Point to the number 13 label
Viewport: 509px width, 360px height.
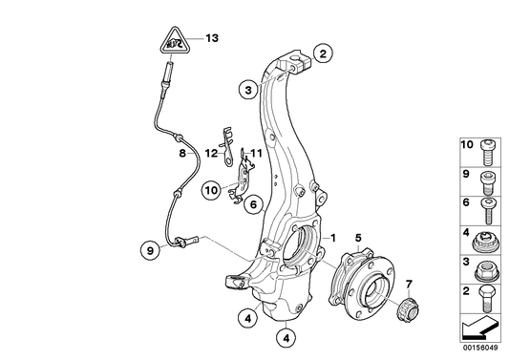pos(211,38)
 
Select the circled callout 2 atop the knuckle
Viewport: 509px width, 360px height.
pos(324,53)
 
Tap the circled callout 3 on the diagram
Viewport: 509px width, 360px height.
pos(247,91)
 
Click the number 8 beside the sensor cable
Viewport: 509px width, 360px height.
pos(180,152)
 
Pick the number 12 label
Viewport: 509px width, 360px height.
pos(210,152)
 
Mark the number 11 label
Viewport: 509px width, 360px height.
pos(255,153)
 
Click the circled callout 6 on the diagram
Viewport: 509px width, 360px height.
pos(253,204)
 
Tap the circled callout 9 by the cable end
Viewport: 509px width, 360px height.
pos(149,251)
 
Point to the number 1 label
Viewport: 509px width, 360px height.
pos(333,237)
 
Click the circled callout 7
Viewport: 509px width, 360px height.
pos(409,285)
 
